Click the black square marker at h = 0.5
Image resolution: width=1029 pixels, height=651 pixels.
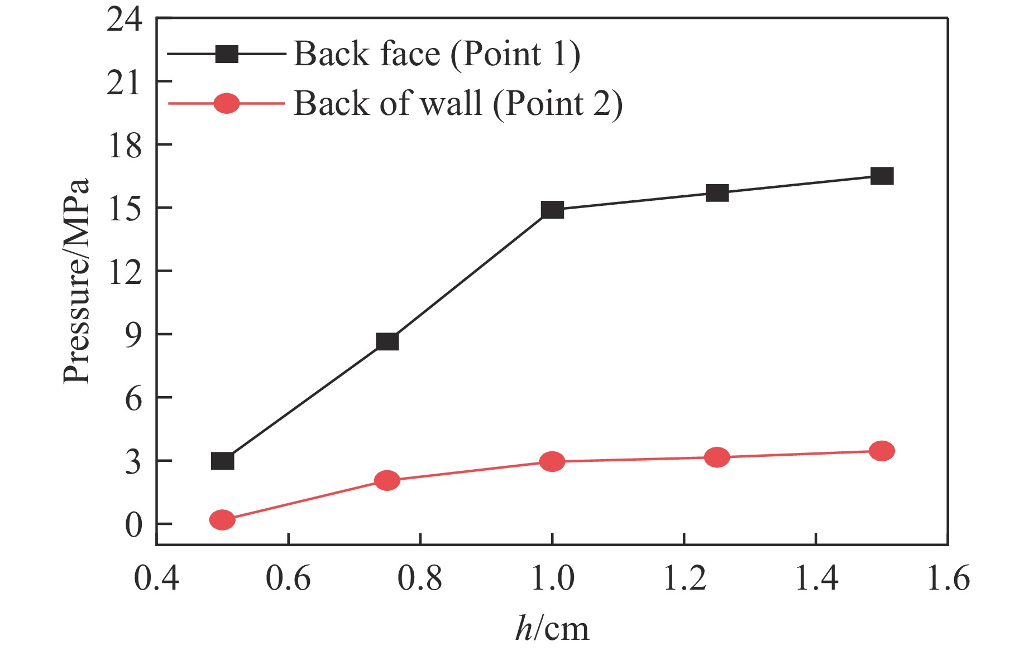222,461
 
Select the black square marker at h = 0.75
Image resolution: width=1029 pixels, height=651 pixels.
387,341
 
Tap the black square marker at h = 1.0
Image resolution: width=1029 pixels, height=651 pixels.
552,210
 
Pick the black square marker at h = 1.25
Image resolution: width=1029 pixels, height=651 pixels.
717,193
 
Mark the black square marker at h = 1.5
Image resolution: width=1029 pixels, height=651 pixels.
882,176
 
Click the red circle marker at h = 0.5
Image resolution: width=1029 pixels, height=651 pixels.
222,520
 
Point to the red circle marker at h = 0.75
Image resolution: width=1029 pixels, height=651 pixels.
387,480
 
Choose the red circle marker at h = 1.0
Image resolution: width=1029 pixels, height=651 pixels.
552,461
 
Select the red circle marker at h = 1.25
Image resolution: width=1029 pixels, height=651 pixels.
717,457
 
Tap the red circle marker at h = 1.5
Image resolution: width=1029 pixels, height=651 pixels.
882,451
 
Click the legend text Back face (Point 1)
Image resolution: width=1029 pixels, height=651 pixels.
437,54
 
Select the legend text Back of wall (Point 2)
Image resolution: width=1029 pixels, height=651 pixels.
458,104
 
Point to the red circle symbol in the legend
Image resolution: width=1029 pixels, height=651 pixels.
227,104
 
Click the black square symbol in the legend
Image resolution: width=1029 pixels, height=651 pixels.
227,54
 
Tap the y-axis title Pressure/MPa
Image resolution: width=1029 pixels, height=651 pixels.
76,281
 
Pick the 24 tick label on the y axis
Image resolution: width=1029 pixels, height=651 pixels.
124,20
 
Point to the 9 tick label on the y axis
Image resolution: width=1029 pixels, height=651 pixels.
133,335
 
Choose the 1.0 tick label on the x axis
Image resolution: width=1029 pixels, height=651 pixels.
552,578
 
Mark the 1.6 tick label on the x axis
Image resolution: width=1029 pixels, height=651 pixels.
947,578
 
